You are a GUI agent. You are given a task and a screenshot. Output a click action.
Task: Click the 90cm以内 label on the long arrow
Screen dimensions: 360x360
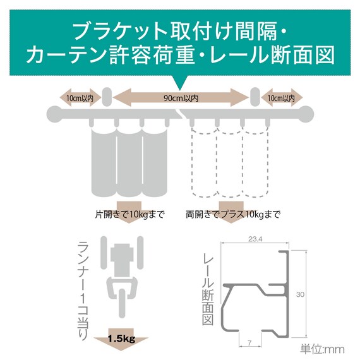(x=181, y=99)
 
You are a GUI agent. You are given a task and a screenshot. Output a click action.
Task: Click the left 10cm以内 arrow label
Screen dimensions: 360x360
(x=80, y=99)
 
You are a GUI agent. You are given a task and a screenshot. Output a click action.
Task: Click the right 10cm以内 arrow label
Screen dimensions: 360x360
(x=281, y=99)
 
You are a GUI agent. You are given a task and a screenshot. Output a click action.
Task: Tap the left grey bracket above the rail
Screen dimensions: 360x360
(x=107, y=97)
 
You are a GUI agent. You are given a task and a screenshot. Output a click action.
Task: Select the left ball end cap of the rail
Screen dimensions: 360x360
(x=55, y=114)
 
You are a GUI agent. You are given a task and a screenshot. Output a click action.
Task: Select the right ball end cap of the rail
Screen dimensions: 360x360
(x=306, y=114)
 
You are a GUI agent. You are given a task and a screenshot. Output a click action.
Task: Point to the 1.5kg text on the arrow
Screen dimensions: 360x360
(x=121, y=338)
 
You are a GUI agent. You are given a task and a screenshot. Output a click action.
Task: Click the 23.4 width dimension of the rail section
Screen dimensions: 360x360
(x=255, y=239)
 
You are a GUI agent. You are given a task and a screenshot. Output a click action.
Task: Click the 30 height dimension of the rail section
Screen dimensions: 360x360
(x=300, y=294)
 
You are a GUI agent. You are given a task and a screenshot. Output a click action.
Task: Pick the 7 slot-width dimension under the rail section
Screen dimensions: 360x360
(x=249, y=343)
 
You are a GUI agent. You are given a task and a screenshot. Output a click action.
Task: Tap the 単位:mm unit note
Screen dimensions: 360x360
(x=322, y=349)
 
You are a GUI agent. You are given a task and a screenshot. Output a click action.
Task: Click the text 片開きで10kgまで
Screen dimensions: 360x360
(x=130, y=215)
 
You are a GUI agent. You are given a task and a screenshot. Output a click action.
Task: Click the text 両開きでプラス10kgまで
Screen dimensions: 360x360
(x=233, y=215)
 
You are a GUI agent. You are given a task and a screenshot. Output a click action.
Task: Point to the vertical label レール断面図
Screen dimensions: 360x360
(x=208, y=291)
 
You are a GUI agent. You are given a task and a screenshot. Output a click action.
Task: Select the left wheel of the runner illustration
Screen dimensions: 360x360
(x=104, y=253)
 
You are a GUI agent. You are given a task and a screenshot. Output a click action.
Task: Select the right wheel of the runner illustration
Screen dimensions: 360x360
(x=140, y=253)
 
